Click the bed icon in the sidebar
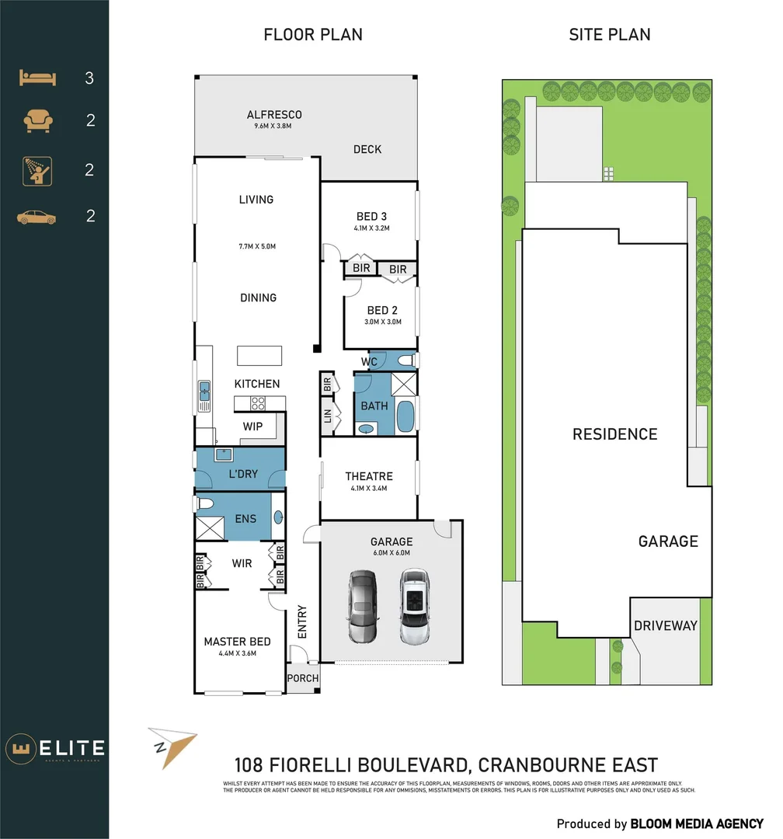tap(37, 78)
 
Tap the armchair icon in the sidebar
tap(37, 120)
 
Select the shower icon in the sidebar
tap(37, 170)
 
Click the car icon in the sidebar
tap(37, 217)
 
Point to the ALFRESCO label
tap(274, 115)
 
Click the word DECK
tap(367, 149)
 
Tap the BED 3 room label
tap(371, 216)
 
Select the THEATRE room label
tap(369, 476)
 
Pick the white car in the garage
tap(415, 606)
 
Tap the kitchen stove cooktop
tap(257, 403)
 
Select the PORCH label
tap(302, 678)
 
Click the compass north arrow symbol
tap(172, 747)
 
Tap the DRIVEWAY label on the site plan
tap(665, 625)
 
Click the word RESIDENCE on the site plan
tap(614, 434)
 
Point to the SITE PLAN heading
tap(610, 34)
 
